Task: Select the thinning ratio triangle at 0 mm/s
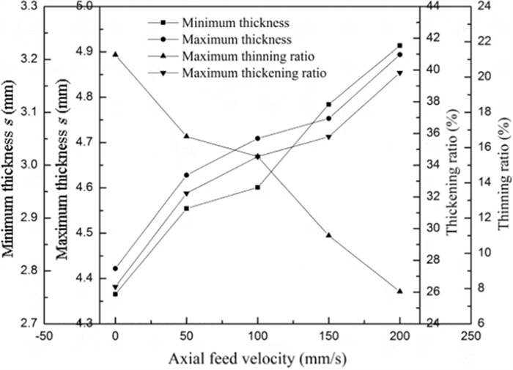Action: pyautogui.click(x=115, y=54)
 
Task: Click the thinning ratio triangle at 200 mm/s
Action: pyautogui.click(x=399, y=291)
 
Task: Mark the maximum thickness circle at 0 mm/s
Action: pyautogui.click(x=115, y=269)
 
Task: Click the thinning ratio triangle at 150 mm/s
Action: pyautogui.click(x=328, y=234)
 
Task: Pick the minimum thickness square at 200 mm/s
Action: pyautogui.click(x=399, y=45)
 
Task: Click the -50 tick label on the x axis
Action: pyautogui.click(x=44, y=338)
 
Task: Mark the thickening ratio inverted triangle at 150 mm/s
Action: pyautogui.click(x=328, y=137)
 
